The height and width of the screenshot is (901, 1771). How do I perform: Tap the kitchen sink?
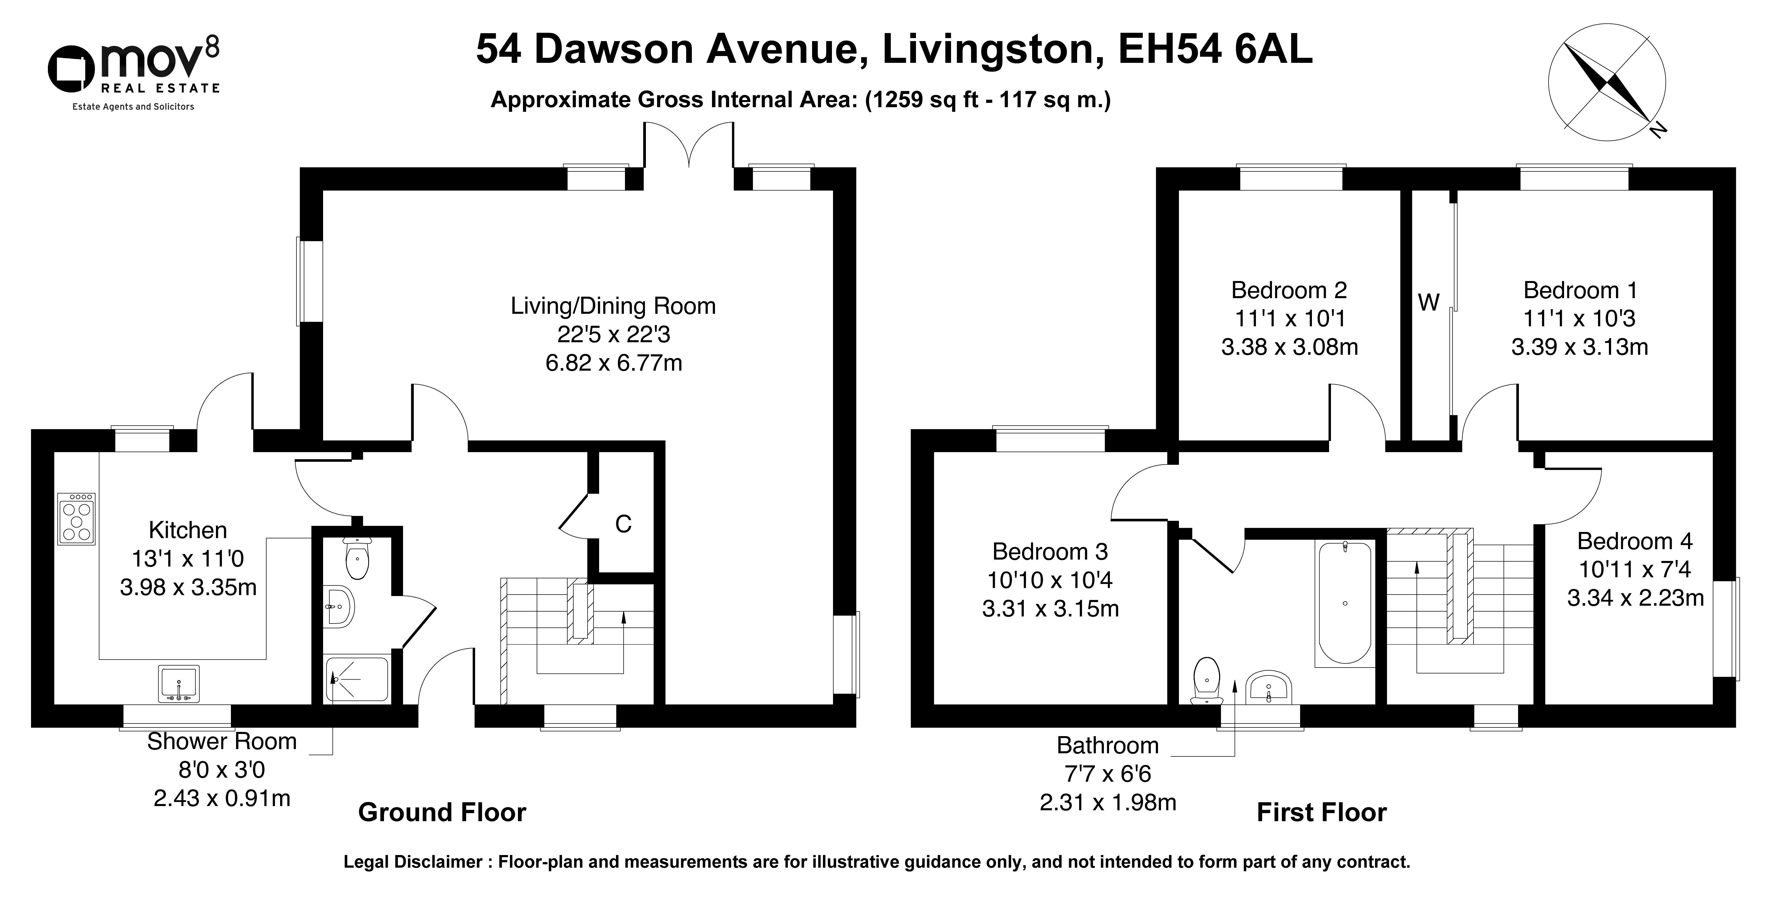[x=179, y=684]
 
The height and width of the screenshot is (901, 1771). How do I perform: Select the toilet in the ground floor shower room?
[x=358, y=559]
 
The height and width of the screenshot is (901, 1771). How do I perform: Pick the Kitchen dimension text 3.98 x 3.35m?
[x=188, y=587]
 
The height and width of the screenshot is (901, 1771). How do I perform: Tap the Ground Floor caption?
[x=442, y=812]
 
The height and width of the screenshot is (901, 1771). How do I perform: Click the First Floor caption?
[x=1321, y=812]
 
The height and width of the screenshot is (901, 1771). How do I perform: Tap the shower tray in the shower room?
[x=357, y=679]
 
